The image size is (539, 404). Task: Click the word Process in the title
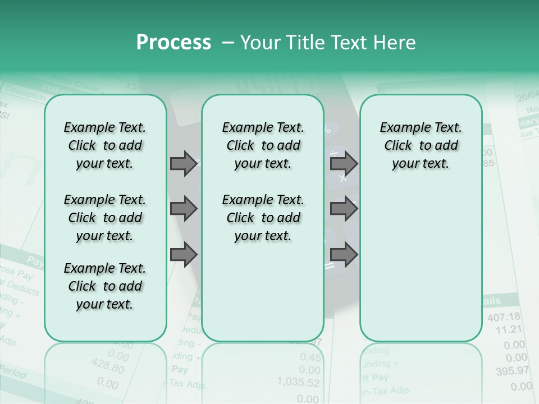coord(173,43)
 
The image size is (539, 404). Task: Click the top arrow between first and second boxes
coord(184,163)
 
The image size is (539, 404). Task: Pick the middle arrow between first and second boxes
coord(184,209)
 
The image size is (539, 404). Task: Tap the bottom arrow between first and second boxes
coord(184,254)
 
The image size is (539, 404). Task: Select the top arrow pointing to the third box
coord(344,163)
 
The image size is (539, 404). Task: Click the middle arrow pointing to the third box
coord(344,209)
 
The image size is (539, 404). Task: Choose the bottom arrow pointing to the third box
coord(344,254)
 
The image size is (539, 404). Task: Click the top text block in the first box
coord(105,145)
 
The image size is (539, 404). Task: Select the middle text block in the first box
coord(105,218)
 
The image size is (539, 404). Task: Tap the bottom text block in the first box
coord(105,286)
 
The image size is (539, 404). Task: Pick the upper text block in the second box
coord(263,145)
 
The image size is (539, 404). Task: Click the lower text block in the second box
coord(263,218)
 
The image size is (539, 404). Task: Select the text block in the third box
coord(421,145)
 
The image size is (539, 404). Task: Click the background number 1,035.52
coord(298,383)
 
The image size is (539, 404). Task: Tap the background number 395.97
coord(512,371)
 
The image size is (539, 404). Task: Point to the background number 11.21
coord(509,329)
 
